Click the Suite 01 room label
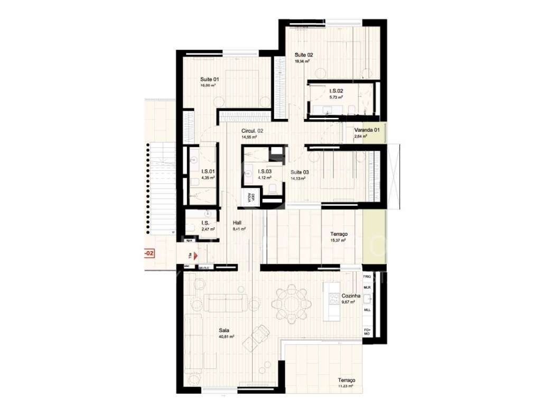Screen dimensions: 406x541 (x=209, y=79)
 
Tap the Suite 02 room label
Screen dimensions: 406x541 (x=304, y=55)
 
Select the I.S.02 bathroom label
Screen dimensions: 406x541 (x=336, y=91)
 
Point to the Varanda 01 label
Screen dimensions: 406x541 (x=367, y=130)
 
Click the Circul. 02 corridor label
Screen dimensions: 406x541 (x=252, y=131)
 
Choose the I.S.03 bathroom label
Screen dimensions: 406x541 (x=265, y=171)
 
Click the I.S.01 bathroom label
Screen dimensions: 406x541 (x=208, y=171)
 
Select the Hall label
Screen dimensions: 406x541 (x=237, y=223)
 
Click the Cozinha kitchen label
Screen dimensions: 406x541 (x=351, y=296)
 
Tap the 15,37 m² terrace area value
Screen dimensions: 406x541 (x=337, y=240)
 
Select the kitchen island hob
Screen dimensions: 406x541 (x=334, y=299)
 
